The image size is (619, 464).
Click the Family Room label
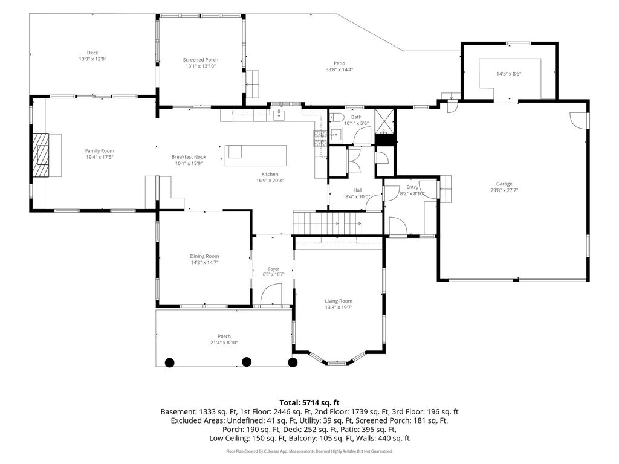100,150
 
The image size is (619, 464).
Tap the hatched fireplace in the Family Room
41,155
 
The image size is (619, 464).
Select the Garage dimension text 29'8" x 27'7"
504,190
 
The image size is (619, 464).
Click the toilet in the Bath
336,117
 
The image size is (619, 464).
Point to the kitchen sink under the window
279,115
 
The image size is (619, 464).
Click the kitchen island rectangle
256,155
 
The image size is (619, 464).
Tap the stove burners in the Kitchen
320,138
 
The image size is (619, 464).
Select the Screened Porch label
201,60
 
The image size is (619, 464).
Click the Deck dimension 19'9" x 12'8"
92,59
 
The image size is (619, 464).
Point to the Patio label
340,63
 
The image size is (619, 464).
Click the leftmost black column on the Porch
169,362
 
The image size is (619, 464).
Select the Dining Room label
204,256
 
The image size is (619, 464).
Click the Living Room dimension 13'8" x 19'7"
339,308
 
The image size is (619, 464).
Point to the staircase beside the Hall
337,223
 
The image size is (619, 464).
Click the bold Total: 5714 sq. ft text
309,403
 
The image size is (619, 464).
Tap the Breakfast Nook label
189,157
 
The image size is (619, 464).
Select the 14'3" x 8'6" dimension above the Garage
509,74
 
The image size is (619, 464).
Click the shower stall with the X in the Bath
384,121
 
